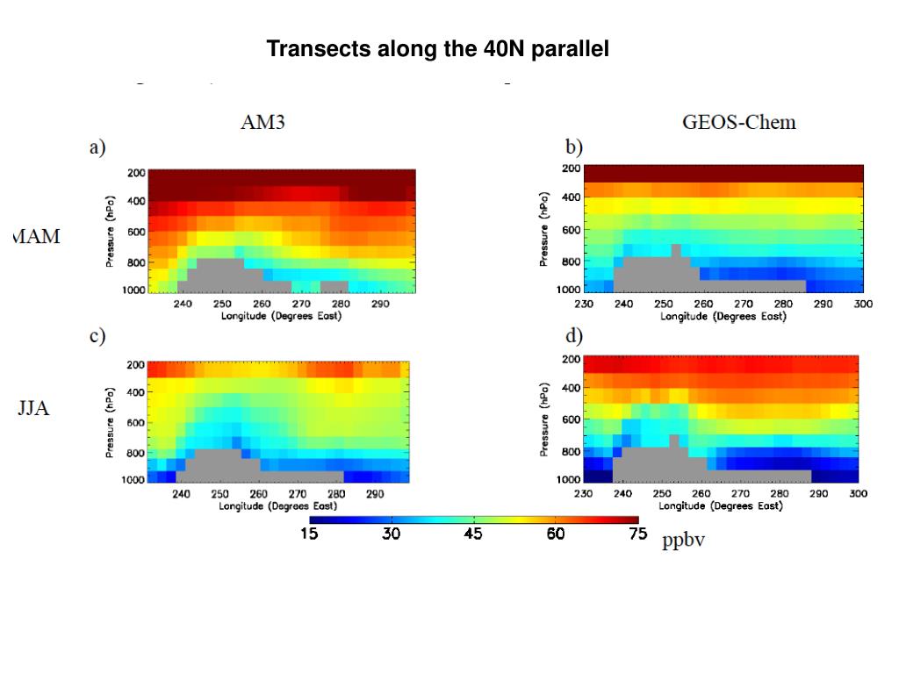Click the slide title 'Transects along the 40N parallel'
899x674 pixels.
click(x=437, y=50)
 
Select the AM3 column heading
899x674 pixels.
click(x=263, y=124)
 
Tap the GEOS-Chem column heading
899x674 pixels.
click(x=739, y=122)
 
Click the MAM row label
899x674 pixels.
click(x=38, y=237)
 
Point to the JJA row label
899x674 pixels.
click(x=33, y=409)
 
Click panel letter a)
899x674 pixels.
click(x=97, y=148)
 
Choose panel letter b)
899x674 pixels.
click(x=573, y=146)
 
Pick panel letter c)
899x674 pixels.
click(x=97, y=336)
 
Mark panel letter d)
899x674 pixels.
click(x=573, y=337)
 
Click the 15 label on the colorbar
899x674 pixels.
click(x=309, y=534)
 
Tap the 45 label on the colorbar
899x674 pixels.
click(x=473, y=534)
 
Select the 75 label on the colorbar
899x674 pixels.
click(x=637, y=534)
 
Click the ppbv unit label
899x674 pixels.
click(x=684, y=541)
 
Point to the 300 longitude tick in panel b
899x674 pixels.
click(x=863, y=304)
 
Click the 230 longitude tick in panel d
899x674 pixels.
click(x=583, y=494)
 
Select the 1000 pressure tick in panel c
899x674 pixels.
click(x=133, y=480)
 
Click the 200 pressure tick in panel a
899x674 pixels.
click(x=137, y=173)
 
